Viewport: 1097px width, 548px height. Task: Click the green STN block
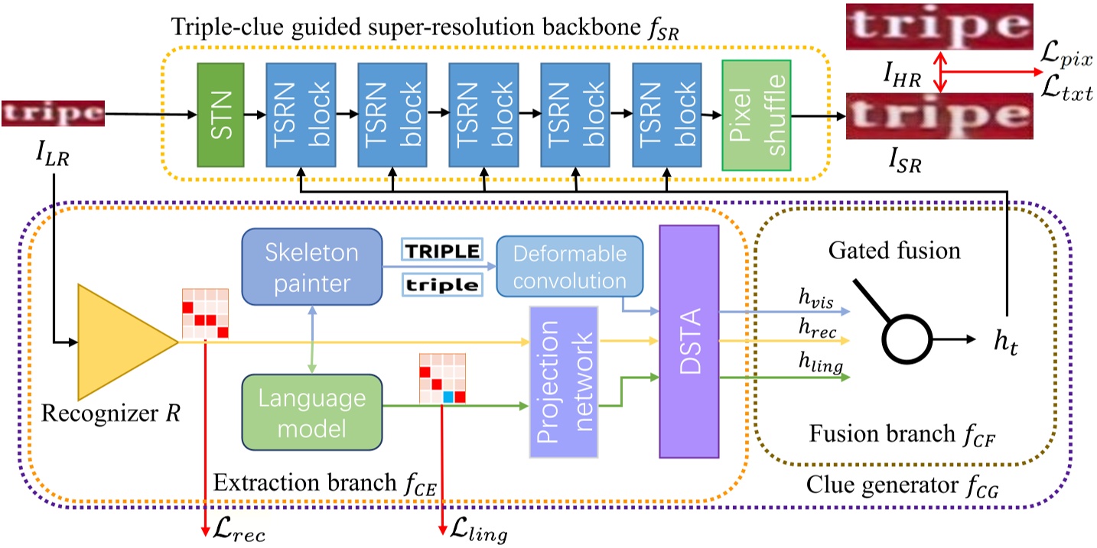point(220,114)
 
